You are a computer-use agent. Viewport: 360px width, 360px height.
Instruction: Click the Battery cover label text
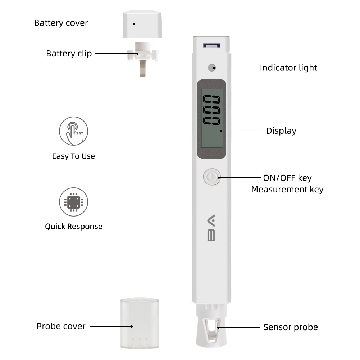61,23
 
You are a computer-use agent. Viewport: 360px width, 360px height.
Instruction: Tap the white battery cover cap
142,24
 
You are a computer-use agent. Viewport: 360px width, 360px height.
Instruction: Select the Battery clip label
69,54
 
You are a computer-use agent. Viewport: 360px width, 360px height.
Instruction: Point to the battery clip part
142,58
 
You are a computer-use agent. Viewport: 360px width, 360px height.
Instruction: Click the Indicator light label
288,68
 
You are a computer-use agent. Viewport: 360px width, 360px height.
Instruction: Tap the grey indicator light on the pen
211,67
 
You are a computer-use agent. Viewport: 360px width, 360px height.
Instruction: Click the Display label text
281,131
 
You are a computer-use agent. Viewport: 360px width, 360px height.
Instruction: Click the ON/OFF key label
287,178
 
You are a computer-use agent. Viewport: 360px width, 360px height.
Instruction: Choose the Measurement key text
287,190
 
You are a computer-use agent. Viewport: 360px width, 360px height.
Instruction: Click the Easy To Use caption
73,156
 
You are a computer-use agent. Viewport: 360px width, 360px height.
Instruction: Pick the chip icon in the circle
73,202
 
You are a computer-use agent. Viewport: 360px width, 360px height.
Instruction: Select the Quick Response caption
73,227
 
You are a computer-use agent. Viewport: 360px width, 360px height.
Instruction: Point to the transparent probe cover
140,323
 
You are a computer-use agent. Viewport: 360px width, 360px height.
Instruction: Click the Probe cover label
61,326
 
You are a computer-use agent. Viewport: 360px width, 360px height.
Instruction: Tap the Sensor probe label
291,327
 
